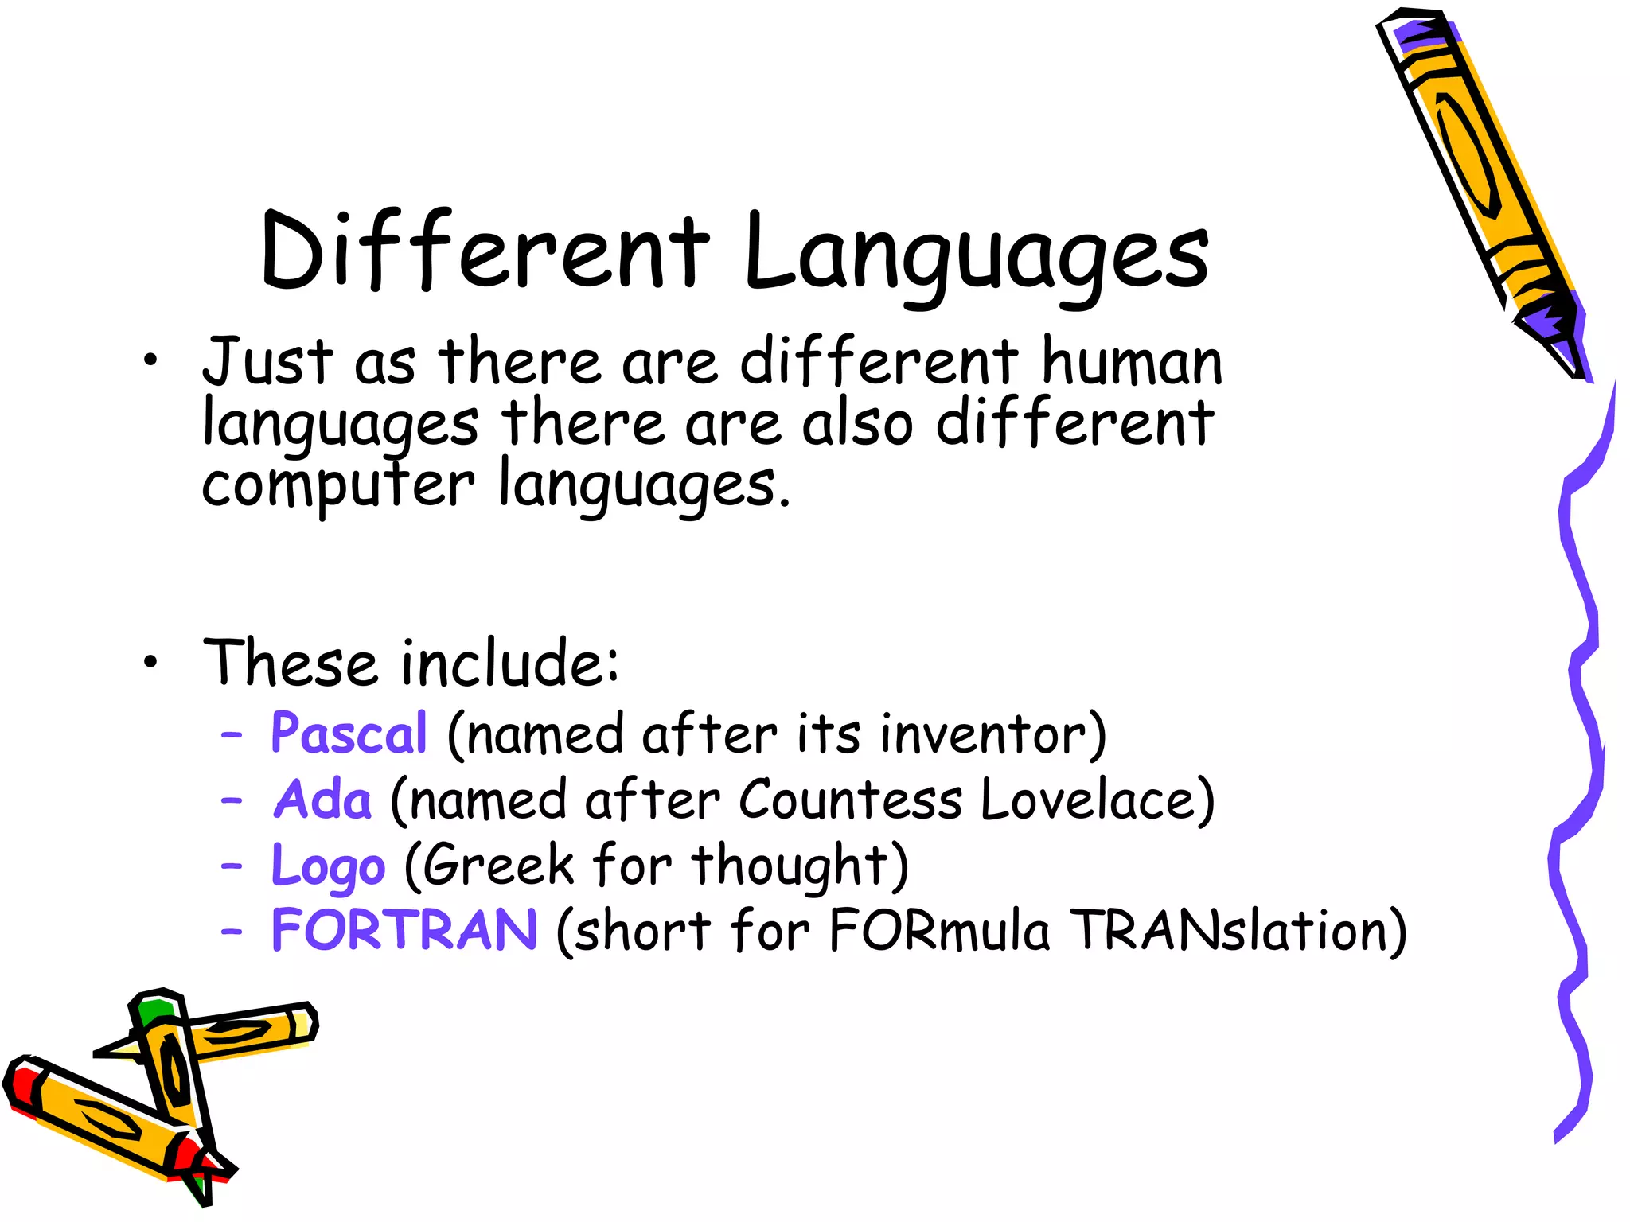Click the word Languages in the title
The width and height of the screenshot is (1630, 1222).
click(x=976, y=253)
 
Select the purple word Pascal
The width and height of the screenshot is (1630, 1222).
click(x=349, y=733)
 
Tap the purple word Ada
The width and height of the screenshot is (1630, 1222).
click(x=322, y=799)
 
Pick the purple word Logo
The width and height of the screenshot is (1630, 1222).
click(x=328, y=866)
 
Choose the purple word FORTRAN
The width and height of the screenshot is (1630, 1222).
click(x=404, y=930)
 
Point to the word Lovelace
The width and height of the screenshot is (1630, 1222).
click(x=1097, y=799)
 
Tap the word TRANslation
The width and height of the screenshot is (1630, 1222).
click(x=1237, y=930)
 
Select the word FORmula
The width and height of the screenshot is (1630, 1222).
click(x=939, y=930)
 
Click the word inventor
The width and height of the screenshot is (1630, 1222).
click(x=993, y=733)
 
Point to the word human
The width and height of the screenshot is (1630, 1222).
click(x=1131, y=362)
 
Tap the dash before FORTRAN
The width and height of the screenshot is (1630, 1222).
click(x=232, y=930)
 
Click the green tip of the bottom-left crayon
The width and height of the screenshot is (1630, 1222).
click(x=154, y=1011)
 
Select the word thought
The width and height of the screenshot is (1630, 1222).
click(x=799, y=866)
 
